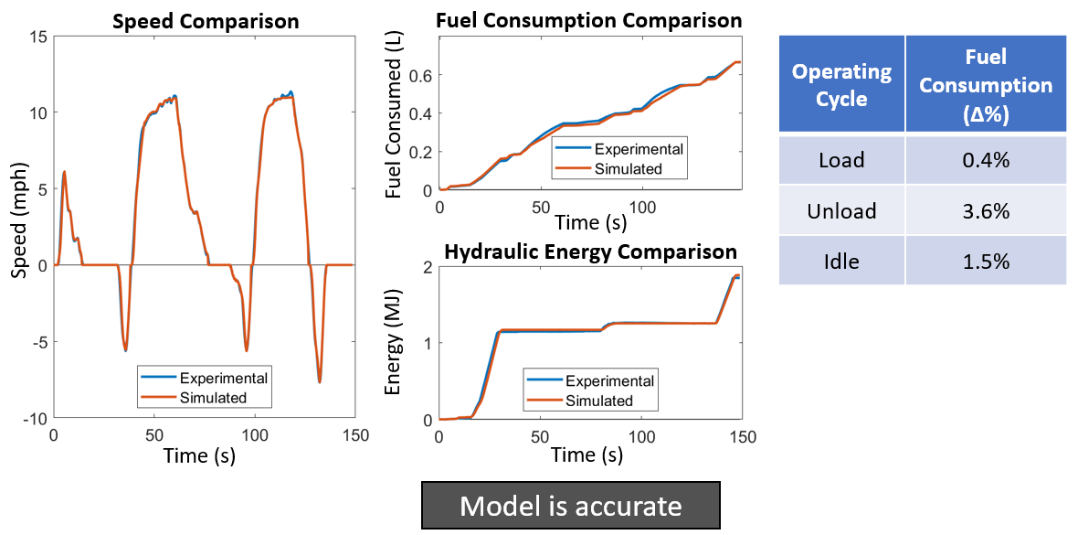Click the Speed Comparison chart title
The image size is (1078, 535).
205,21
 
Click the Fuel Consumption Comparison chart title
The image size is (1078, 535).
589,20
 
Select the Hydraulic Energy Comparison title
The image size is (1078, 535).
590,251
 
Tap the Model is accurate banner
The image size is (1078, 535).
570,506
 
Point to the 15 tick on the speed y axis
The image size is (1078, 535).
37,37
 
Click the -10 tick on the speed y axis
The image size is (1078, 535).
34,418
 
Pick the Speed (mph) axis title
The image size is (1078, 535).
17,228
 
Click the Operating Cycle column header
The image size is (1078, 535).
841,85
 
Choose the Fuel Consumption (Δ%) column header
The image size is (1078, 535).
986,85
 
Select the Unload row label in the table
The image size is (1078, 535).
841,211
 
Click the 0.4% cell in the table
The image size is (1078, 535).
986,160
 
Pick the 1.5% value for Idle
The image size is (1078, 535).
986,261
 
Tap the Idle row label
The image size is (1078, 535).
841,261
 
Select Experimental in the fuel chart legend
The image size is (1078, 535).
639,150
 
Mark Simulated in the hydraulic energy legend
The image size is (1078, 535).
599,401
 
